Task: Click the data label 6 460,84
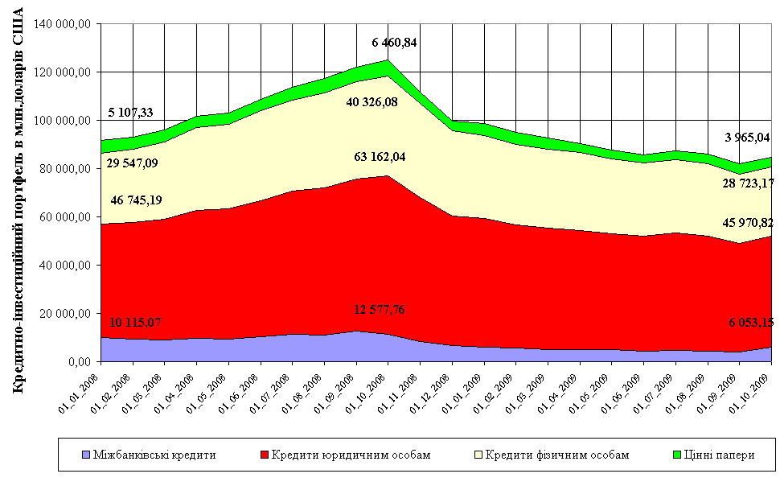[395, 42]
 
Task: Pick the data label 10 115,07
[136, 323]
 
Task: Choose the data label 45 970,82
[745, 222]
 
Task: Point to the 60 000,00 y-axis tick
[65, 217]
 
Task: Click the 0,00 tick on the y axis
[78, 362]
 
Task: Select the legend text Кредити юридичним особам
[351, 455]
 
